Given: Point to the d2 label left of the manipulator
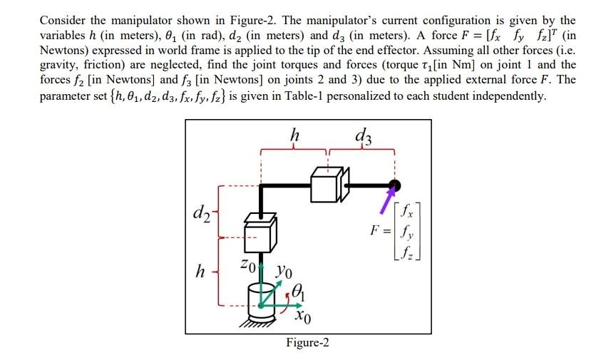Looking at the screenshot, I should click(201, 213).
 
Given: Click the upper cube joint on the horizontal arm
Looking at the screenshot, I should click(328, 187).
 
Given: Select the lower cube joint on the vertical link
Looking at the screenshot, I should click(260, 233).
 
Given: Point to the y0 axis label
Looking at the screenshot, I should click(286, 272).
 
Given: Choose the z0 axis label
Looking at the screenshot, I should click(247, 264).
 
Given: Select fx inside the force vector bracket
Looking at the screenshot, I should click(406, 211).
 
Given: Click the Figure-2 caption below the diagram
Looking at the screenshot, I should click(307, 343).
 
